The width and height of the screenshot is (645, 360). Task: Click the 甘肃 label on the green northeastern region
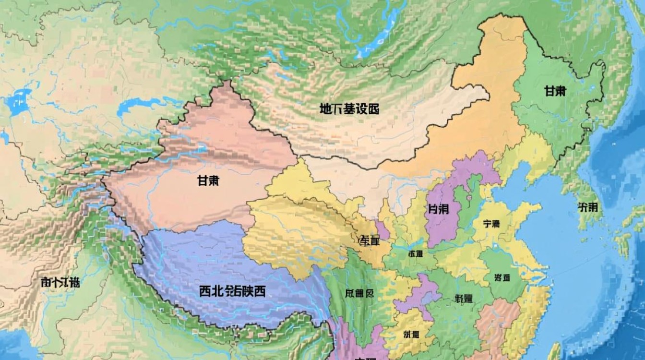pyautogui.click(x=555, y=91)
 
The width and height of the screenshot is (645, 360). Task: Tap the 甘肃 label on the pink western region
pyautogui.click(x=209, y=181)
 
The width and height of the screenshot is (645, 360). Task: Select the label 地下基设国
pyautogui.click(x=349, y=109)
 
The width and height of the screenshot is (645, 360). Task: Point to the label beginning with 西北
pyautogui.click(x=232, y=291)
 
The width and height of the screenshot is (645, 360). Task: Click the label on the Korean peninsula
pyautogui.click(x=588, y=207)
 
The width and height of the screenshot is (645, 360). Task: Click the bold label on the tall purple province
pyautogui.click(x=439, y=210)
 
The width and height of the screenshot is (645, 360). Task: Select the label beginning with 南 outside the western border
pyautogui.click(x=60, y=282)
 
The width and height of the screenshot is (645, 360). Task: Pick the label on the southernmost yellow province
pyautogui.click(x=411, y=334)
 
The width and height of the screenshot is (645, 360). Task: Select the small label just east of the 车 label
pyautogui.click(x=415, y=253)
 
